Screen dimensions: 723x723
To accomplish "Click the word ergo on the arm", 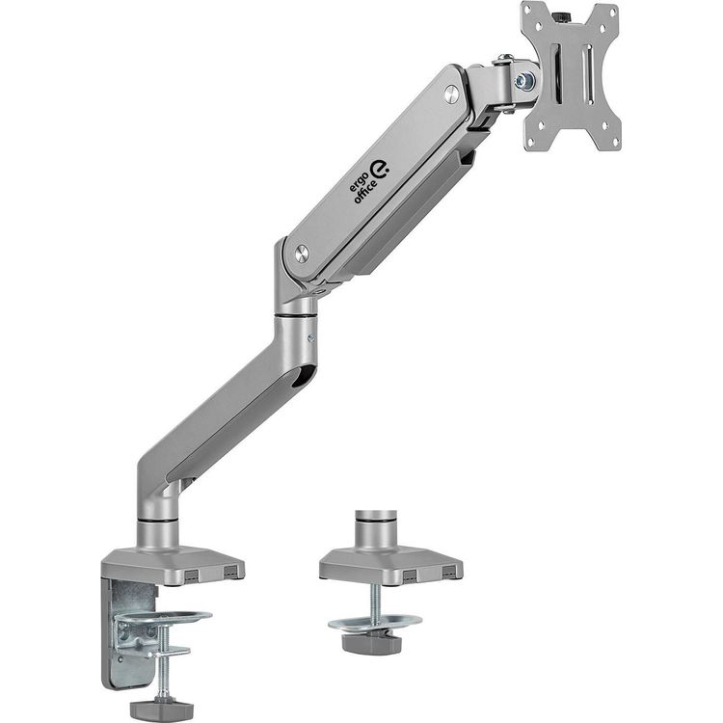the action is point(358,181).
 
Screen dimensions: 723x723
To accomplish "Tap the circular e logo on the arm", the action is point(381,170).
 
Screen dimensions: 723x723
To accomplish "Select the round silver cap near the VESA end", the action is point(452,94).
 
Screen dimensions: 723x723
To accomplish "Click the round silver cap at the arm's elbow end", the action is point(303,254).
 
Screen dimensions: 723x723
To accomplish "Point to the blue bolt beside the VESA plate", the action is point(523,81).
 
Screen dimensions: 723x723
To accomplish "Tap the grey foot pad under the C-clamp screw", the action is point(161,708).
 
